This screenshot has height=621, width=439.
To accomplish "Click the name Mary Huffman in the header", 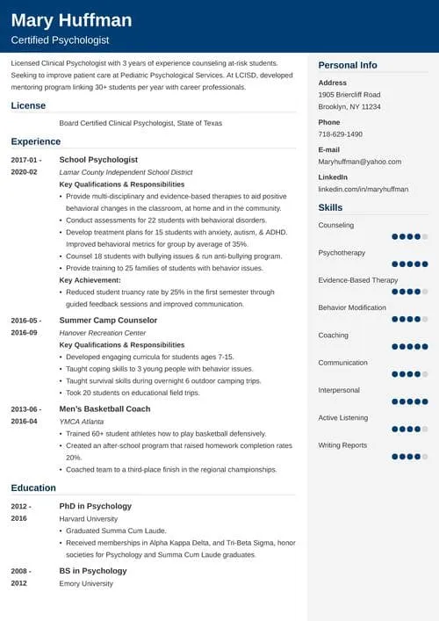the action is (71, 20).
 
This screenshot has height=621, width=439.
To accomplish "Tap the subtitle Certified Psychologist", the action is (60, 41).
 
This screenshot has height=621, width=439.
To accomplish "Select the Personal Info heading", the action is (348, 65).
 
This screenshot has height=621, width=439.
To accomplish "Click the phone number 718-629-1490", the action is (340, 134).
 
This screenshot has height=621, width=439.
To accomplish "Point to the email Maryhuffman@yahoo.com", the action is (359, 162).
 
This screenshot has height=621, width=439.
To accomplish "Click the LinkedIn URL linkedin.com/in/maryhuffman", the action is (362, 189).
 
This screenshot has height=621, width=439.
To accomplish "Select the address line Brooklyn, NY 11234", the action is (349, 106).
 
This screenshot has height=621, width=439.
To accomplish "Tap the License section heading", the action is (28, 105).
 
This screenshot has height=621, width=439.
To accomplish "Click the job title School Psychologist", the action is (98, 160).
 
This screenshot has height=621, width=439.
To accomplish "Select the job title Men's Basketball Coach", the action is (104, 409).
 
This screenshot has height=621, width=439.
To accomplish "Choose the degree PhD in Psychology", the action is (95, 506).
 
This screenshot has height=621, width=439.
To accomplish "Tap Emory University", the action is (86, 583).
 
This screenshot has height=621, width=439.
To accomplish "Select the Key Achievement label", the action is (90, 280).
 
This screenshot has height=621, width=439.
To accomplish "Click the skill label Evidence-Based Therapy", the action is (357, 280).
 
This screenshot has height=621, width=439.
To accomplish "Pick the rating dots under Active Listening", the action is (409, 429).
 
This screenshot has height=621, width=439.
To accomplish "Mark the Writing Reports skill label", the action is (342, 445).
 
